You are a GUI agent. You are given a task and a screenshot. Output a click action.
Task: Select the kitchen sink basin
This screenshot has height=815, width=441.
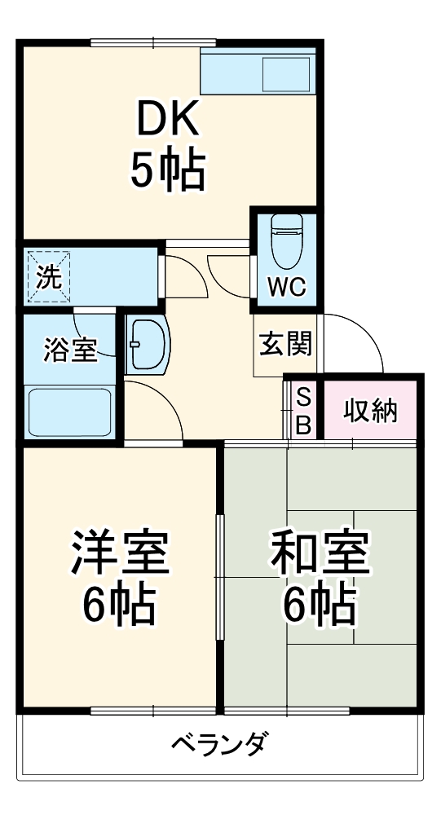point(285,74)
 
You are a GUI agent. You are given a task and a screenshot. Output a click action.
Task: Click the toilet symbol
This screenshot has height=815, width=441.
point(285,242)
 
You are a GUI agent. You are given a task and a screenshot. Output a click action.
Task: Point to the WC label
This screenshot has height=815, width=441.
point(285,287)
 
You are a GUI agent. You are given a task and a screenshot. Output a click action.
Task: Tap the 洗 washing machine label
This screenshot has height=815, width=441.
point(50,277)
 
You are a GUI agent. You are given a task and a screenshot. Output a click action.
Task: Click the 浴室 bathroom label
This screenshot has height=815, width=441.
point(70,350)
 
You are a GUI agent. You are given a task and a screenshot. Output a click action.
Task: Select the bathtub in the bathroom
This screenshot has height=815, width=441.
point(68,412)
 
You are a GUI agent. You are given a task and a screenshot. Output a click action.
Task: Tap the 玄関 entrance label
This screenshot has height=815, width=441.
point(285,345)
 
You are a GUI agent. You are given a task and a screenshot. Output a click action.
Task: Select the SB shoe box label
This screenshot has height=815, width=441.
point(302,411)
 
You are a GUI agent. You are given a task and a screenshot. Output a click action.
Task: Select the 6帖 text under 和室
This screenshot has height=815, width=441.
point(320,603)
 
